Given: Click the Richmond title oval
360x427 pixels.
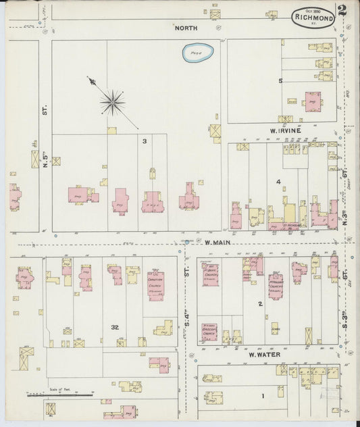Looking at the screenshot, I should [x=313, y=18].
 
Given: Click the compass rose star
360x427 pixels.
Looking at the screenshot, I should [x=112, y=102].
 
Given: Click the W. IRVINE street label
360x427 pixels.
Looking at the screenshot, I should [x=286, y=130].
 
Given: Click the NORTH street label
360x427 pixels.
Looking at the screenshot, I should [x=186, y=28].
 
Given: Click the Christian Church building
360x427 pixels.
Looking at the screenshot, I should [x=156, y=285].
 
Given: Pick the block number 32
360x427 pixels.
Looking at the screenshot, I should [x=115, y=327].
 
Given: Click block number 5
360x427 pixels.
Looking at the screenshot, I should [x=280, y=81].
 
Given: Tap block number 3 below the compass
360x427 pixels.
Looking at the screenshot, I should [x=144, y=141].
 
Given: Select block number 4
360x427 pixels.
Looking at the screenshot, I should [x=278, y=182].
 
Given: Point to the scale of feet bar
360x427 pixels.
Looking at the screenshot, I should [x=59, y=395].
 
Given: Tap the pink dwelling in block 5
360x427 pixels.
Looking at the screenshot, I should [x=313, y=101].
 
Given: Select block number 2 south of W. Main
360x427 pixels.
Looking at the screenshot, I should [x=259, y=304].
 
